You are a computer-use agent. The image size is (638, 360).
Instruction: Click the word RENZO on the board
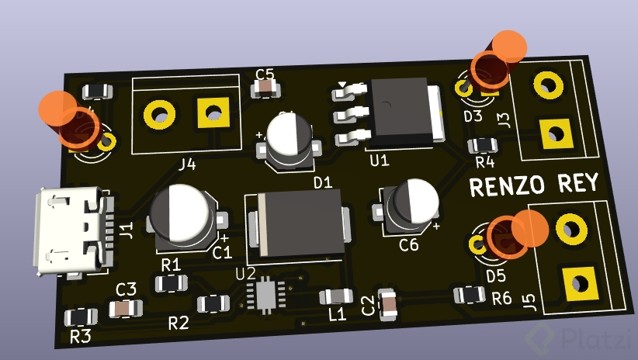pos(508,186)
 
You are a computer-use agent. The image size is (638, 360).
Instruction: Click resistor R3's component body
pos(81,317)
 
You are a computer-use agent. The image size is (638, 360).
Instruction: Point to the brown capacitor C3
pos(124,308)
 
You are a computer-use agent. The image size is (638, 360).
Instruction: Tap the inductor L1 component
pos(336,296)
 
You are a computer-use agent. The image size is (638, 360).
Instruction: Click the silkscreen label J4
pos(187,164)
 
